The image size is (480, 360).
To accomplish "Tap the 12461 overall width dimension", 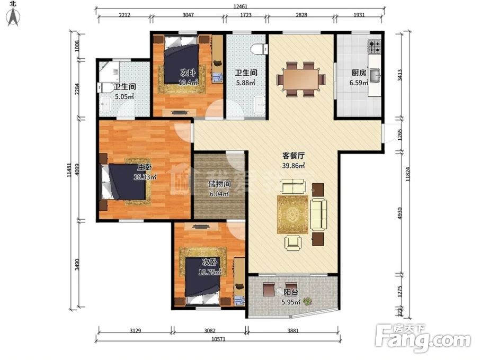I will (240, 6).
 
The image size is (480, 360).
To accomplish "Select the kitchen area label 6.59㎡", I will (359, 83).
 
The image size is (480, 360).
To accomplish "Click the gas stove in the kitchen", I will (375, 48).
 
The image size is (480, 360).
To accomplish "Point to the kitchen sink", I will (375, 76).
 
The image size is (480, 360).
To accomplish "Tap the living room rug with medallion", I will (292, 214).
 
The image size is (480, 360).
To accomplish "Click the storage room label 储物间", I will (219, 185).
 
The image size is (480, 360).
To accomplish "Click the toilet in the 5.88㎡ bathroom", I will (258, 49).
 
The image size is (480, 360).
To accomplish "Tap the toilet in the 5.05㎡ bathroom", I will (103, 88).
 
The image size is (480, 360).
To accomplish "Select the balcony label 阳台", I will (290, 292).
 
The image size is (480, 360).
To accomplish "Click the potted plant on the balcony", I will (307, 301).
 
